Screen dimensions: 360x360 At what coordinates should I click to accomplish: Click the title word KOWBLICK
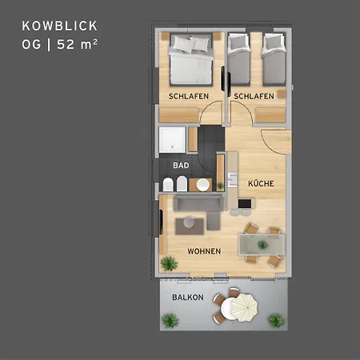tap(60, 26)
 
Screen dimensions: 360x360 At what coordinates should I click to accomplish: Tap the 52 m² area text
tap(77, 44)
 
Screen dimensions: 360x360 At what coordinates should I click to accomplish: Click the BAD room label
tap(181, 166)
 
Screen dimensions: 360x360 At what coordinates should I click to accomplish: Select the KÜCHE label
tap(261, 183)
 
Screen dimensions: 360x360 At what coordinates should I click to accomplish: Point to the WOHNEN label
tap(204, 251)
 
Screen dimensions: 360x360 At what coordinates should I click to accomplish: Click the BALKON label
tap(188, 298)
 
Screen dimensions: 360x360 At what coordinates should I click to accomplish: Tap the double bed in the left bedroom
tap(191, 59)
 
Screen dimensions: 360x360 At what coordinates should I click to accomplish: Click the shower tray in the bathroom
tap(172, 140)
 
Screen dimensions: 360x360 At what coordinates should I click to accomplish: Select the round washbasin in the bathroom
tap(203, 185)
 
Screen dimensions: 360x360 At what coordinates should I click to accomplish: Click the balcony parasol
tap(244, 307)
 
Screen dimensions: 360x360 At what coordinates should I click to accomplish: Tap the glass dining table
tap(262, 245)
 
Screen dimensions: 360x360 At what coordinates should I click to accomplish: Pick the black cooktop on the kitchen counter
tap(245, 203)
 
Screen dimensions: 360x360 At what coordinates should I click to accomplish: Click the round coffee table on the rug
tap(190, 222)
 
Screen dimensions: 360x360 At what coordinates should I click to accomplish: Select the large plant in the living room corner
tap(169, 263)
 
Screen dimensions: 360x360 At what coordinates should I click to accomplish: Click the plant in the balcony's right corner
tap(276, 320)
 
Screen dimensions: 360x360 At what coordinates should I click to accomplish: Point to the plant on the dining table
tap(263, 245)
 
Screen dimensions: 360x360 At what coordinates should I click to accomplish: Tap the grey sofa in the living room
tap(199, 210)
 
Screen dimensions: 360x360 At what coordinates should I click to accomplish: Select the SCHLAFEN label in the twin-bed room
tap(254, 96)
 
